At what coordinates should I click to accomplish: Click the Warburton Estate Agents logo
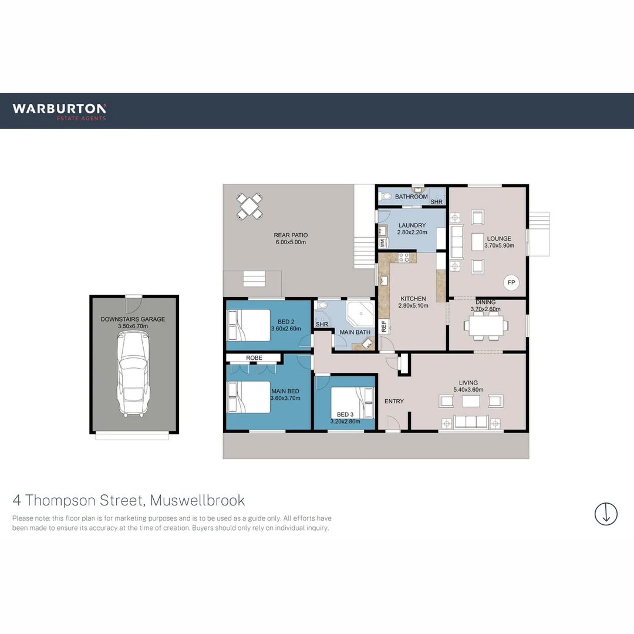click(59, 111)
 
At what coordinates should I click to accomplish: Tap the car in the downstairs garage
click(133, 373)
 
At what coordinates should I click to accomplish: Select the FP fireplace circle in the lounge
click(511, 283)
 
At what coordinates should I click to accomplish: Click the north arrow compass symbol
click(606, 514)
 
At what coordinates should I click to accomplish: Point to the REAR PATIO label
click(291, 235)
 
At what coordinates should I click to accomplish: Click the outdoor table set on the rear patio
click(249, 206)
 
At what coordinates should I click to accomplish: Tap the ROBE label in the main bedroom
click(254, 358)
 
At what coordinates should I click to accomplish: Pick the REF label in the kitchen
click(384, 327)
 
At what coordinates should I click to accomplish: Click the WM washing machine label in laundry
click(382, 242)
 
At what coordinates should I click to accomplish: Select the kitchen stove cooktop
click(404, 257)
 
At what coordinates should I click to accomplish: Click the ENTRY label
click(394, 402)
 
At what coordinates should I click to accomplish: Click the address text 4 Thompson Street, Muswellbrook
click(129, 501)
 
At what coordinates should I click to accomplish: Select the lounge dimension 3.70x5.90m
click(500, 246)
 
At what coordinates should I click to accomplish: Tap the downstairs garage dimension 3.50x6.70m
click(133, 326)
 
